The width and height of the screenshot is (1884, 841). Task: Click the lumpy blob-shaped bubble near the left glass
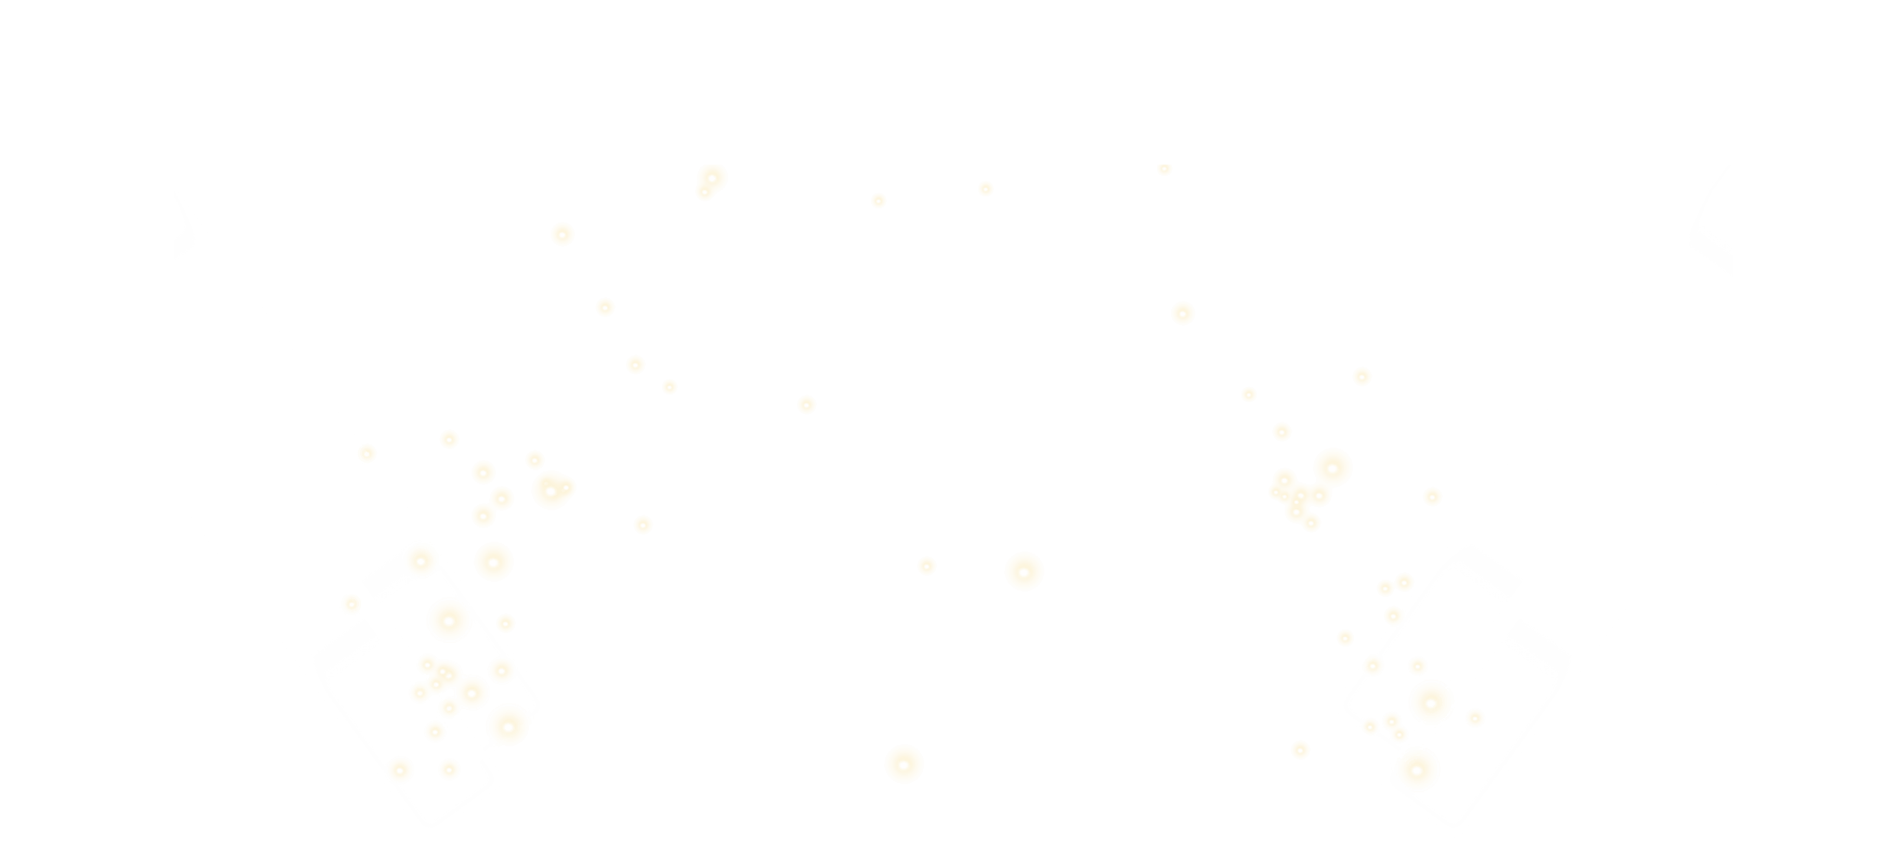tap(553, 489)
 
